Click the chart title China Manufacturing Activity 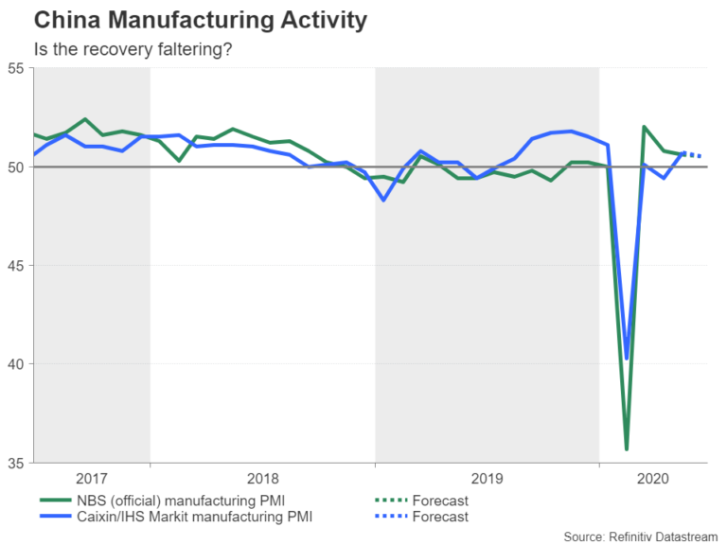point(187,19)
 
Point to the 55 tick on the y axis point(16,68)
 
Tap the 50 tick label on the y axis point(16,167)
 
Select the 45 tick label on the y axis point(16,266)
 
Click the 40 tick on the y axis point(16,364)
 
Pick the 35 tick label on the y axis point(16,463)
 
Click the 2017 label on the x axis point(91,479)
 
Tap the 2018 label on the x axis point(262,479)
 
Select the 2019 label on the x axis point(487,479)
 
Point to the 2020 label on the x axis point(653,479)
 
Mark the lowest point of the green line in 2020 point(627,448)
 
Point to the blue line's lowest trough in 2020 point(627,358)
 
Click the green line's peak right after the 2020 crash point(644,127)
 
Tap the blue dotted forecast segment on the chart point(692,154)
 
